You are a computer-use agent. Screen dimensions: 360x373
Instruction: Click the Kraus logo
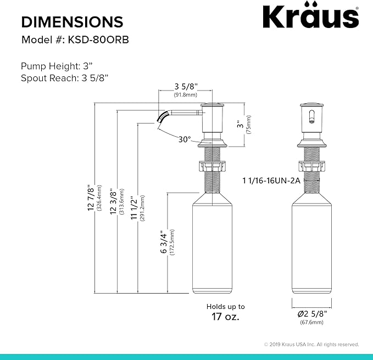pyautogui.click(x=310, y=18)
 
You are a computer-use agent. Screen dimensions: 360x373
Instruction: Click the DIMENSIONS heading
pyautogui.click(x=72, y=22)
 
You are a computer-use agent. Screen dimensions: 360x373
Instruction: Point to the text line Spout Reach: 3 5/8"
pyautogui.click(x=64, y=78)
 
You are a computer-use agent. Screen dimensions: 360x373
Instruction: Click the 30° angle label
pyautogui.click(x=184, y=139)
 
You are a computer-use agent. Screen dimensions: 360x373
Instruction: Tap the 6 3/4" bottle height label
pyautogui.click(x=163, y=242)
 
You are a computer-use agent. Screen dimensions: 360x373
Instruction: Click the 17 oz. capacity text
pyautogui.click(x=225, y=317)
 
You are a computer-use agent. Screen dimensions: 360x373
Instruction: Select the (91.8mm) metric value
pyautogui.click(x=185, y=94)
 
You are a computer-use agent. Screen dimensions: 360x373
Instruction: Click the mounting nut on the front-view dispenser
pyautogui.click(x=311, y=165)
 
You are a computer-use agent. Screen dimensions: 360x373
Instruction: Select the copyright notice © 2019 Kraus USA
pyautogui.click(x=311, y=344)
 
